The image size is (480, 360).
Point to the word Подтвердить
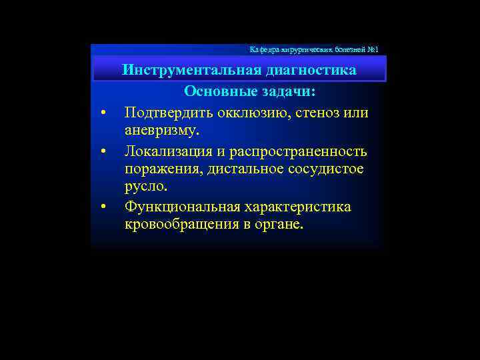coord(164,112)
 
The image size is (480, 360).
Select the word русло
coord(146,188)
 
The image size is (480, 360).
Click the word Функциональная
coord(179,207)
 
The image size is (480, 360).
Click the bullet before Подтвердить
coord(103,113)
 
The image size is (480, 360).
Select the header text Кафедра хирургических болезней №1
coord(313,50)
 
